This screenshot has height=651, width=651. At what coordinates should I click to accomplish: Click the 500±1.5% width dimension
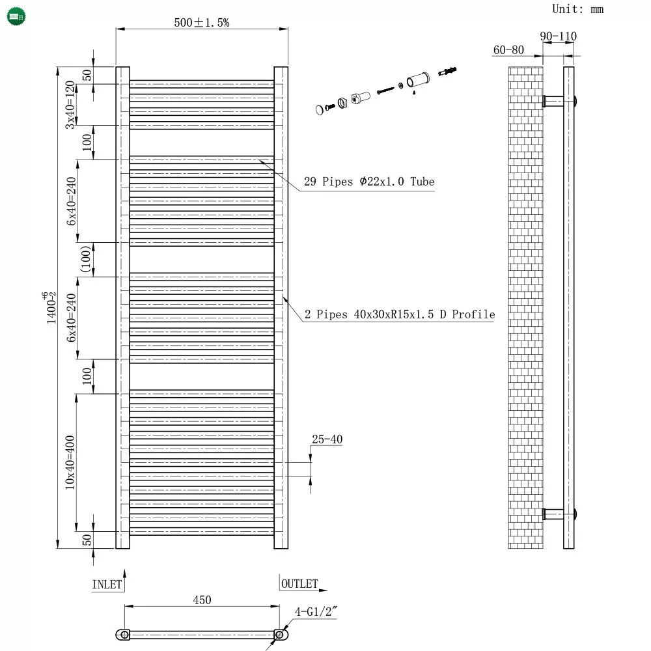tap(202, 22)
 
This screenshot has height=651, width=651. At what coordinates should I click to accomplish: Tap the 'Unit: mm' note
tap(577, 9)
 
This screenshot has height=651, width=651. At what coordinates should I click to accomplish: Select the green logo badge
tap(16, 17)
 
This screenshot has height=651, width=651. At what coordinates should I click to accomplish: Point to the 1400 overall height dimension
tap(50, 307)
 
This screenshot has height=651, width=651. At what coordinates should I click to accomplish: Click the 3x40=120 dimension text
tap(70, 105)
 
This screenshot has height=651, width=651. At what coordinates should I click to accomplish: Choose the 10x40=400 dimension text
tap(70, 462)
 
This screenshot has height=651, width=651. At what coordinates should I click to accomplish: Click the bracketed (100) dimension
tap(85, 260)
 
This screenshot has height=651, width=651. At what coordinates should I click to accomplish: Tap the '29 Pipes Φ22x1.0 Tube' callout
tap(369, 182)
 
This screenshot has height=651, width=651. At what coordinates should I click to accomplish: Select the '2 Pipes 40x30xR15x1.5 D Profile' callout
tap(400, 314)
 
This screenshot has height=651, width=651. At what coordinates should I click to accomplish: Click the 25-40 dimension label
tap(327, 439)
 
